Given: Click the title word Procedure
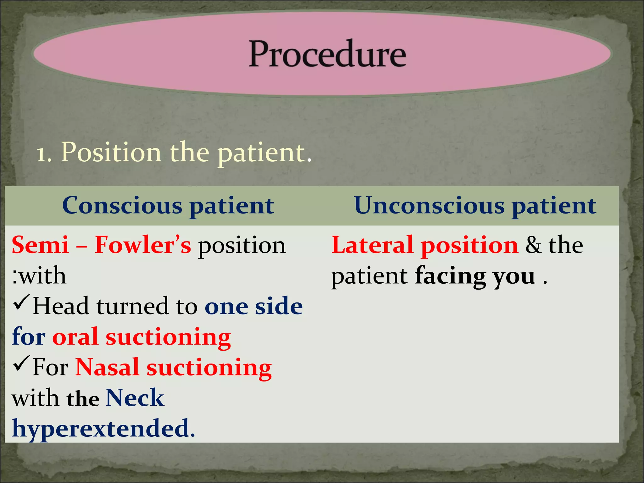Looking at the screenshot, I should click(327, 54).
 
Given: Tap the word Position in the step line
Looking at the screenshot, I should click(111, 153).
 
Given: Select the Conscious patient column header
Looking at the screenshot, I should click(168, 206).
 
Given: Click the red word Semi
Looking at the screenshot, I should click(40, 245).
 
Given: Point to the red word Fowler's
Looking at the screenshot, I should click(143, 245).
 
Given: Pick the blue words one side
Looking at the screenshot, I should click(253, 306).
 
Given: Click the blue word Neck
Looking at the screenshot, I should click(135, 398).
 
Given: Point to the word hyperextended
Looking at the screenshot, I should click(100, 429).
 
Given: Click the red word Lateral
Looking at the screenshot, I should click(372, 245).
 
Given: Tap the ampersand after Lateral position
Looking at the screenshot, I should click(534, 245).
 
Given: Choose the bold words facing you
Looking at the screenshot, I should click(475, 276).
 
